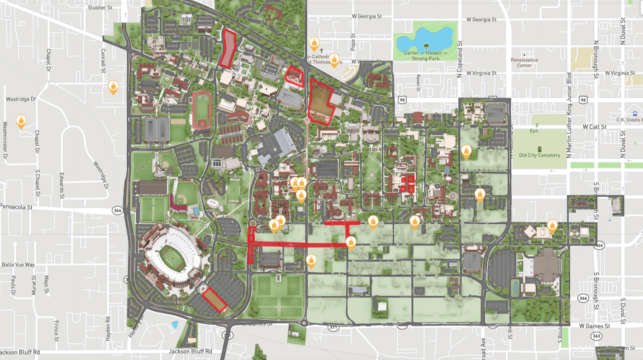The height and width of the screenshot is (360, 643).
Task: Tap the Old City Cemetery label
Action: (539, 155)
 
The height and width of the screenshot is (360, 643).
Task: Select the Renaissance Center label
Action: (524, 62)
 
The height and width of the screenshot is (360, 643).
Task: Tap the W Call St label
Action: (595, 127)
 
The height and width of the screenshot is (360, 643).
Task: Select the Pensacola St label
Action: (17, 207)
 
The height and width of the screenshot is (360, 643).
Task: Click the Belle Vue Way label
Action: (18, 265)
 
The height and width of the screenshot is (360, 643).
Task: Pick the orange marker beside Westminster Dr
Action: (21, 121)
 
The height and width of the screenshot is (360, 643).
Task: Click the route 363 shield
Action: (596, 336)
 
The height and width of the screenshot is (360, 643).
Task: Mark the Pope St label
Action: (353, 43)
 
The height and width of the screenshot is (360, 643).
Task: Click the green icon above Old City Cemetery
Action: (539, 149)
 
